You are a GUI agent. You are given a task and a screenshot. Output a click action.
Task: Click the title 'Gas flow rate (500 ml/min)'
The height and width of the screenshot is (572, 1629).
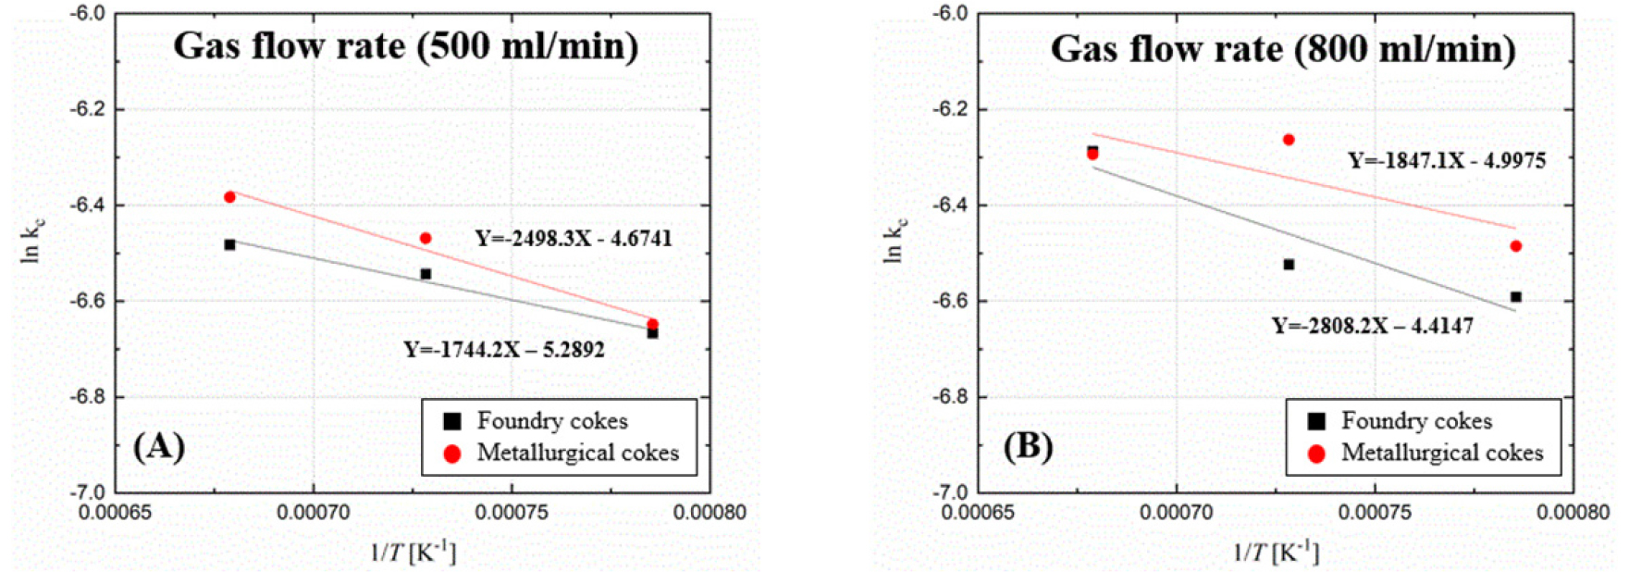coord(405,46)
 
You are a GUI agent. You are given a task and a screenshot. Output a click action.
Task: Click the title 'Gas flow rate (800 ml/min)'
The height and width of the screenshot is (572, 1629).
coord(1282,49)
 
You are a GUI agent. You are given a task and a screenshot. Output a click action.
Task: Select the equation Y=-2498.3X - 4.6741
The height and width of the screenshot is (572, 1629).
coord(574,239)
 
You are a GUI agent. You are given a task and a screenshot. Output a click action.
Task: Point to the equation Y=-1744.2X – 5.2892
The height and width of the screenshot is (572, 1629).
coord(503,350)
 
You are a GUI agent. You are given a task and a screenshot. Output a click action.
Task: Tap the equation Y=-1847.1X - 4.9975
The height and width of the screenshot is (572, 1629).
coord(1446,160)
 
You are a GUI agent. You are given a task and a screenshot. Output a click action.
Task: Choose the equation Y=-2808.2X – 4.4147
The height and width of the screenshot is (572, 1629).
coord(1372,326)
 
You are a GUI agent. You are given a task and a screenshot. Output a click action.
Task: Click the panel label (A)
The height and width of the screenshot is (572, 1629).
coord(158,446)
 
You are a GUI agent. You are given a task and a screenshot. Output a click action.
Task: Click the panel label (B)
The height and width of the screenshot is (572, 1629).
coord(1027,446)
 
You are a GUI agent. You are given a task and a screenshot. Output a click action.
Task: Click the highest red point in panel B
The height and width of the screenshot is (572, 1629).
coord(1289,140)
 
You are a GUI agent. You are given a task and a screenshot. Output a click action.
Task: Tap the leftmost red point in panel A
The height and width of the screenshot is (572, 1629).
coord(229,197)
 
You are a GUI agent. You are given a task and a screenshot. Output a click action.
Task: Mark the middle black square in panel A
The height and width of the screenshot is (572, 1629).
coord(426,274)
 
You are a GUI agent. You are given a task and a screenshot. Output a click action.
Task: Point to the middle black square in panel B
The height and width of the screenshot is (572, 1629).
coord(1289,265)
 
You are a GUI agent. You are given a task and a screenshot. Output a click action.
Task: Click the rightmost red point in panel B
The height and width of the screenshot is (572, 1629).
coord(1515,246)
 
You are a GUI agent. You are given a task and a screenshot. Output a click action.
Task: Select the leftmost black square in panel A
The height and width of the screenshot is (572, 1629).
coord(229,244)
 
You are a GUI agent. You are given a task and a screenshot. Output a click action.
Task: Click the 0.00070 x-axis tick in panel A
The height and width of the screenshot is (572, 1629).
coord(314,512)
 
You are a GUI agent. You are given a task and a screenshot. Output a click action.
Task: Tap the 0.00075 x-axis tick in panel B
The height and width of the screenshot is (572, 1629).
coord(1375,512)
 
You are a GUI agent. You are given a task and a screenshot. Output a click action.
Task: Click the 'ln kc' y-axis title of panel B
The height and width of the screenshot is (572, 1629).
coord(895,240)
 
